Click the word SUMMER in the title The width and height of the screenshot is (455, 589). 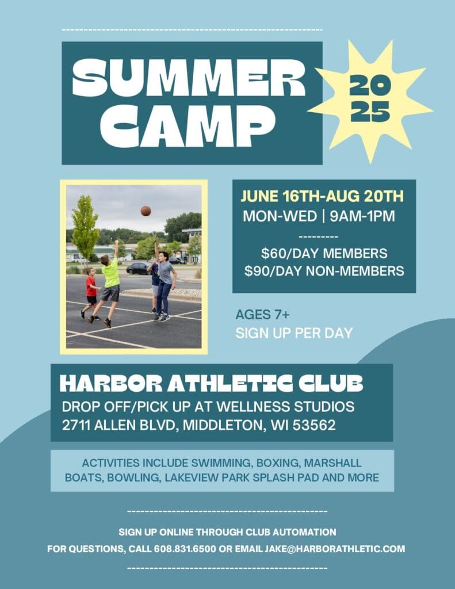click(188, 78)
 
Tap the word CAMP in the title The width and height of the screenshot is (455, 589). click(188, 126)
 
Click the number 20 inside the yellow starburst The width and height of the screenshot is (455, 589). click(370, 85)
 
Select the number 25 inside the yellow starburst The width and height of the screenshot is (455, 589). click(370, 112)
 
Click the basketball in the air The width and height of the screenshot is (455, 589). click(146, 211)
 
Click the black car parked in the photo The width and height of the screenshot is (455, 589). click(138, 268)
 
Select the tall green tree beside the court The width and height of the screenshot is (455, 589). click(85, 227)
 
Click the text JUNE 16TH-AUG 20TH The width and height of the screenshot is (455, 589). click(322, 197)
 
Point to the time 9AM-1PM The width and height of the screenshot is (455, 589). click(362, 216)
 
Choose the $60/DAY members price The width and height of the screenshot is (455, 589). click(324, 254)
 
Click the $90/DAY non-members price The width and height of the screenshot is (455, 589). click(324, 271)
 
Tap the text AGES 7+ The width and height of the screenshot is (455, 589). click(263, 315)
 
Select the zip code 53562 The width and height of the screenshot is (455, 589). click(314, 425)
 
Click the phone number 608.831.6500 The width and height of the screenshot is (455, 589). click(185, 549)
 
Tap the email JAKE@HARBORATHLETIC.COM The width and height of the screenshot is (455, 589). click(335, 549)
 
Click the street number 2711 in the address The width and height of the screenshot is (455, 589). click(76, 425)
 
